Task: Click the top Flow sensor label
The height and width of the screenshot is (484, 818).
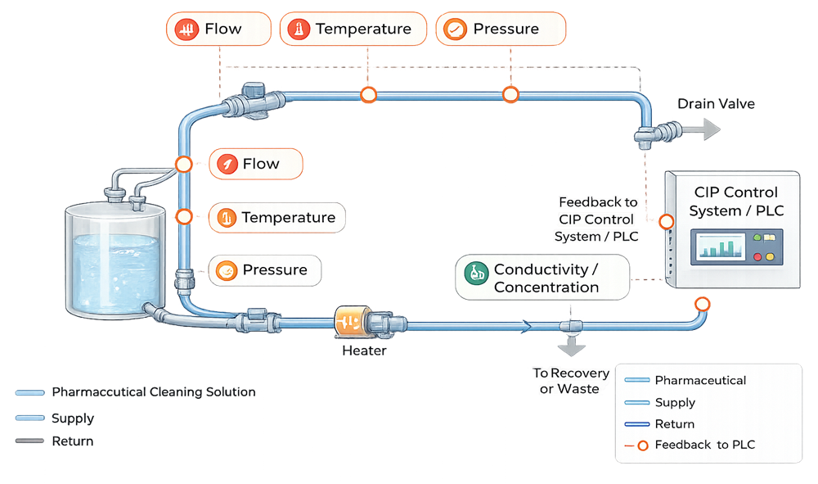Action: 218,29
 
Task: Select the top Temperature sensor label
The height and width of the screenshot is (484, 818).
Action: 353,29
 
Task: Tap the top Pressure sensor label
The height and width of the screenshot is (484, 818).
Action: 500,29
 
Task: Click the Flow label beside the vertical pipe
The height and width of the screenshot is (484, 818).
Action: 256,164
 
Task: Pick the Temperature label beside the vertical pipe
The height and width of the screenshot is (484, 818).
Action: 276,218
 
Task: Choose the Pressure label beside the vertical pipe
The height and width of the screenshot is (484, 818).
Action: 264,270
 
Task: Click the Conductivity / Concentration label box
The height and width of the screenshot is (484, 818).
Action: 542,278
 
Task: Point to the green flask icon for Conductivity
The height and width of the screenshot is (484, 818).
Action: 475,273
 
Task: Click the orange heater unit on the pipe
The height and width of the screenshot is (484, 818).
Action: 354,321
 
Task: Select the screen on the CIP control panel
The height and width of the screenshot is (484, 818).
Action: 719,247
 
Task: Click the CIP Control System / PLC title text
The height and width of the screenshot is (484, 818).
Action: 736,201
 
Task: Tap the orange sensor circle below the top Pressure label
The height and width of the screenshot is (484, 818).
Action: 510,95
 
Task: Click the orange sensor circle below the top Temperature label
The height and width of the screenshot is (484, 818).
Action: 369,95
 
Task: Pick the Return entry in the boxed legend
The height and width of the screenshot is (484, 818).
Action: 674,424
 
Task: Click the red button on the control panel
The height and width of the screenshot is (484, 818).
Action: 757,257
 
